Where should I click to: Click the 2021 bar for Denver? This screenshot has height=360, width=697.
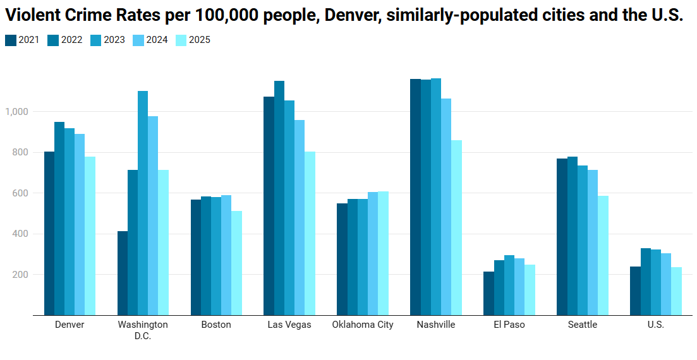tap(49, 233)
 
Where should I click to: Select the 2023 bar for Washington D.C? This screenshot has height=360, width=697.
tap(143, 203)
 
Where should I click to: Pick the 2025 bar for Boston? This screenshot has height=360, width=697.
tap(236, 263)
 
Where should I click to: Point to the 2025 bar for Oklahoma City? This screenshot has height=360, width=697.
tap(383, 253)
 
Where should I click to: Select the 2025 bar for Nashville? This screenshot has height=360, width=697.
tap(456, 227)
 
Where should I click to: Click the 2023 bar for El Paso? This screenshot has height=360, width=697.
tap(509, 285)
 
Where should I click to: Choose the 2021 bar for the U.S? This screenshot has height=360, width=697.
tap(635, 291)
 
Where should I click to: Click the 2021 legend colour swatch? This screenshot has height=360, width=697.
tap(11, 40)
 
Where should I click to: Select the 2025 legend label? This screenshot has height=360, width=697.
tap(200, 40)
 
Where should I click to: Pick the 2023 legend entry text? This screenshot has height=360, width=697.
tap(114, 40)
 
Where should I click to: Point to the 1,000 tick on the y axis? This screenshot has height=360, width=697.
tap(17, 112)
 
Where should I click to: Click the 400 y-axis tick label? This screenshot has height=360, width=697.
tap(21, 234)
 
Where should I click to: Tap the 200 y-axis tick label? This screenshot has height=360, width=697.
tap(21, 275)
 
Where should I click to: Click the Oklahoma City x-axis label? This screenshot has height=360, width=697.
tap(363, 325)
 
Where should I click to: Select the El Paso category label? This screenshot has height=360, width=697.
tap(509, 325)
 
